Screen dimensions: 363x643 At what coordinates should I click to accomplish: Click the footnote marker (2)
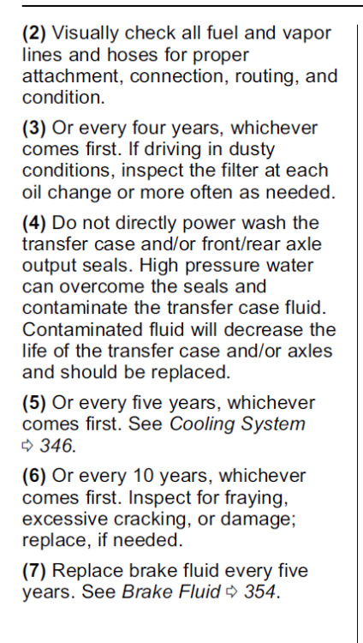[x=34, y=33]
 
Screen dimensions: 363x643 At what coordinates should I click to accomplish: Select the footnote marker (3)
[x=34, y=129]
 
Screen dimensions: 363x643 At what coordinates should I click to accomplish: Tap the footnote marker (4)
[x=34, y=224]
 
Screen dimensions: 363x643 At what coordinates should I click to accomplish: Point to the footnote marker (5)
[x=34, y=403]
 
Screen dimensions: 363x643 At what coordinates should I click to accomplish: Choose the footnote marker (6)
[x=34, y=476]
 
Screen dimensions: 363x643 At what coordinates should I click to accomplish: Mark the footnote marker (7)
[x=34, y=571]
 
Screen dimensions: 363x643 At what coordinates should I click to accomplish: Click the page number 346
[x=57, y=446]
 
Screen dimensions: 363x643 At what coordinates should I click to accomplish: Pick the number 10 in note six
[x=144, y=476]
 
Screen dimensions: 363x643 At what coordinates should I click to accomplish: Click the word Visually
[x=86, y=33]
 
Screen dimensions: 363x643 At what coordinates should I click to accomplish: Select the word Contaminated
[x=74, y=330]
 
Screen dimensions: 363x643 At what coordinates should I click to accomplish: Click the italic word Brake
[x=143, y=592]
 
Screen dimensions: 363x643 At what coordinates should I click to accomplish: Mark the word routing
[x=267, y=76]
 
